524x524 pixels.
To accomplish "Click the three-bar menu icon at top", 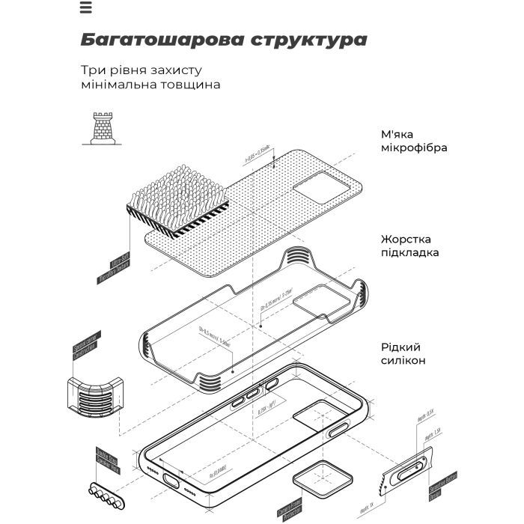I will (x=85, y=8).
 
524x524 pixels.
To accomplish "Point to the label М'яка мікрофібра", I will (x=414, y=141).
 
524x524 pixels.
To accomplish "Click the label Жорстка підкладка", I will (x=409, y=246).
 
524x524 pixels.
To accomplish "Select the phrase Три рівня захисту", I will (x=141, y=70).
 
